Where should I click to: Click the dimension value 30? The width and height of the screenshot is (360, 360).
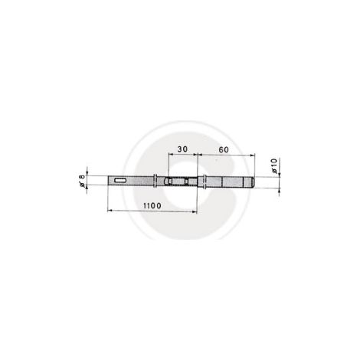[182, 149]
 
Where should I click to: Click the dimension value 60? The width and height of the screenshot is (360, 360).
[224, 149]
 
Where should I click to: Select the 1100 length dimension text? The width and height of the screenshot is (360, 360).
[152, 205]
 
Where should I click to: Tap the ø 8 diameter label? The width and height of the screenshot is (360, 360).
[82, 181]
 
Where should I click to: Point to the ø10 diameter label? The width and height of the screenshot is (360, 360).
[273, 166]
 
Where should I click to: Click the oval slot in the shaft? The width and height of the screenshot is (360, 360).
[120, 181]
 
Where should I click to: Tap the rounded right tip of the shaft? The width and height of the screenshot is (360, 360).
[253, 182]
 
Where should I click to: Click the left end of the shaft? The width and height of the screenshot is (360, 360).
[108, 181]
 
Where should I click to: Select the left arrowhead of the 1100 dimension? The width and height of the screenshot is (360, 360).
[110, 211]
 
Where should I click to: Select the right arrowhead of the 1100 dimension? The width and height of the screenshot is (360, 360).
[195, 211]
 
